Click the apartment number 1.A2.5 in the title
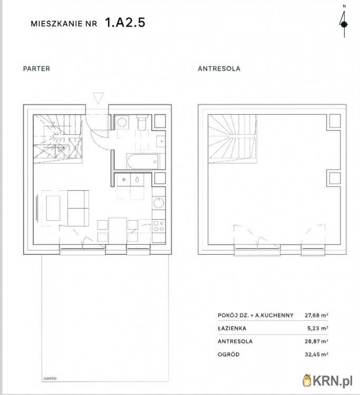click(x=125, y=23)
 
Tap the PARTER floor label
click(x=36, y=68)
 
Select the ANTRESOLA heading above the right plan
click(x=219, y=68)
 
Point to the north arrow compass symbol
click(x=344, y=24)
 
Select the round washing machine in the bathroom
click(x=121, y=123)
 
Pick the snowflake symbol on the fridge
click(x=124, y=180)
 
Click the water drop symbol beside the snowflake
click(x=137, y=180)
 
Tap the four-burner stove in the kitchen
click(x=158, y=226)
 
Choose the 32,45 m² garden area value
click(x=317, y=354)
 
